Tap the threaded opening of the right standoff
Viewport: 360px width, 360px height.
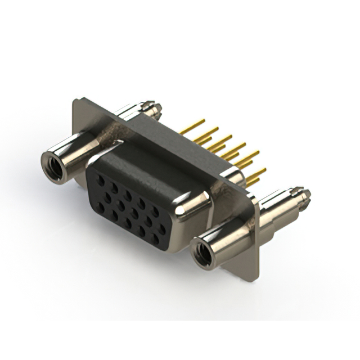pos(203,253)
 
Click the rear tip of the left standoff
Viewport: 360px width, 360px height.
pos(148,106)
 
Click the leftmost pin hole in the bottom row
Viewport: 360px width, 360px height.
pos(101,206)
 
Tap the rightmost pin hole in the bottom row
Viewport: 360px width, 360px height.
pos(155,239)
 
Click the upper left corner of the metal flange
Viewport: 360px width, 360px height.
pos(76,101)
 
